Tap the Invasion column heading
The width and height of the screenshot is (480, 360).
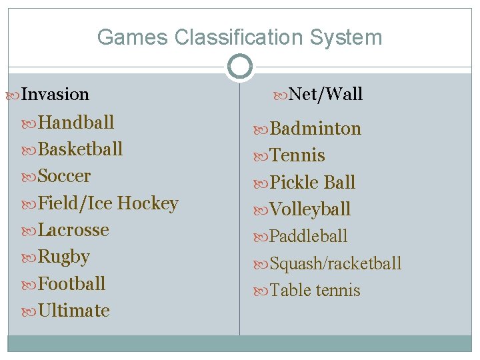[x=55, y=95]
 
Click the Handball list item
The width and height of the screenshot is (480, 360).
[x=76, y=123]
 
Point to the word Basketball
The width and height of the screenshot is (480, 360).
[x=81, y=149]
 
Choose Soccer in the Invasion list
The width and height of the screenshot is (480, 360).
[x=64, y=177]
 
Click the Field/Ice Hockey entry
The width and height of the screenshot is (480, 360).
[x=108, y=203]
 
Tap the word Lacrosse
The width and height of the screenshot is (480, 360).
[x=73, y=230]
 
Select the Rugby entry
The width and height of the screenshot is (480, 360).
[x=64, y=257]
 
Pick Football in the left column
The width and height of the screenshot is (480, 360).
[x=72, y=284]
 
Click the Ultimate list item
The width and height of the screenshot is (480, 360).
[x=74, y=311]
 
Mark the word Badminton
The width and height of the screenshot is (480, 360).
[x=315, y=129]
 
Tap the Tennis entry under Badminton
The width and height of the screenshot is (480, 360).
[x=297, y=156]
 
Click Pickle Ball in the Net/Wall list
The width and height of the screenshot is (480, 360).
[x=313, y=183]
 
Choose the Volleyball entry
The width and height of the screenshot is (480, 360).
[x=310, y=209]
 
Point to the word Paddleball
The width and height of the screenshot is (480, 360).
[x=309, y=237]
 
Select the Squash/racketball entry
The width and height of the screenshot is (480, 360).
[x=335, y=264]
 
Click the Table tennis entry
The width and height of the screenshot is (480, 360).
[x=315, y=291]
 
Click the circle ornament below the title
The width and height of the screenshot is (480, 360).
[x=240, y=67]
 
